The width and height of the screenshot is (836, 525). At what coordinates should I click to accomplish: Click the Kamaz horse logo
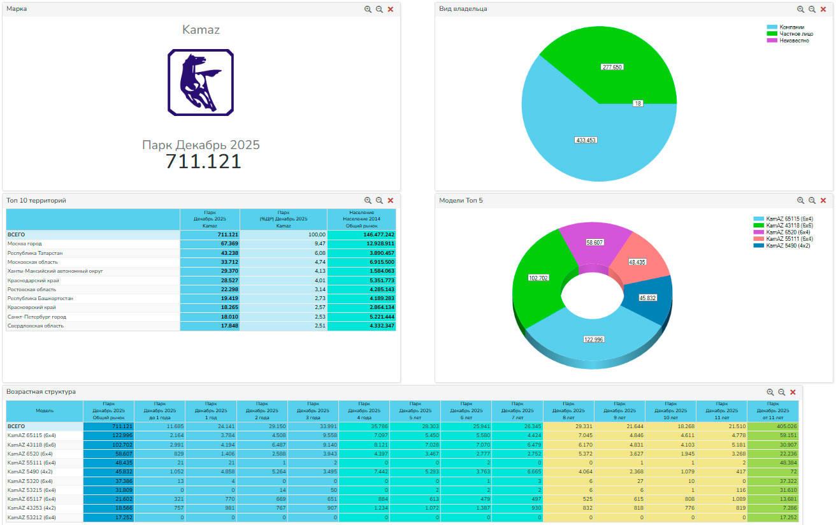point(201,83)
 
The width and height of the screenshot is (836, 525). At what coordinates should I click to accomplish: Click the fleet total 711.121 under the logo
point(203,162)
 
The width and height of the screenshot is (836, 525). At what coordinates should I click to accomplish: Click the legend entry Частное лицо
point(795,34)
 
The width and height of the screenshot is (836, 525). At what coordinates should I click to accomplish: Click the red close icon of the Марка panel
point(391,10)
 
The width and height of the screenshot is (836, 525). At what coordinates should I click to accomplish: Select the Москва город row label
point(25,244)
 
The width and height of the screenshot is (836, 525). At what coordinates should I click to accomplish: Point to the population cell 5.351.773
point(378,280)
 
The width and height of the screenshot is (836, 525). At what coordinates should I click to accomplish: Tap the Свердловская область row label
point(36,326)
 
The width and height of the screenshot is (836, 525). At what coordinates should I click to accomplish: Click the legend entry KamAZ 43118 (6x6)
point(789,225)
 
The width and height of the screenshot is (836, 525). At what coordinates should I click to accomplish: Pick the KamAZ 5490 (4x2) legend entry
point(788,245)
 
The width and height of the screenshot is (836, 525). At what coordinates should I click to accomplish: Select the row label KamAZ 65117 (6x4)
point(31,499)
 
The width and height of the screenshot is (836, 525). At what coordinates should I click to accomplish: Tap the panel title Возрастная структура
point(41,392)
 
